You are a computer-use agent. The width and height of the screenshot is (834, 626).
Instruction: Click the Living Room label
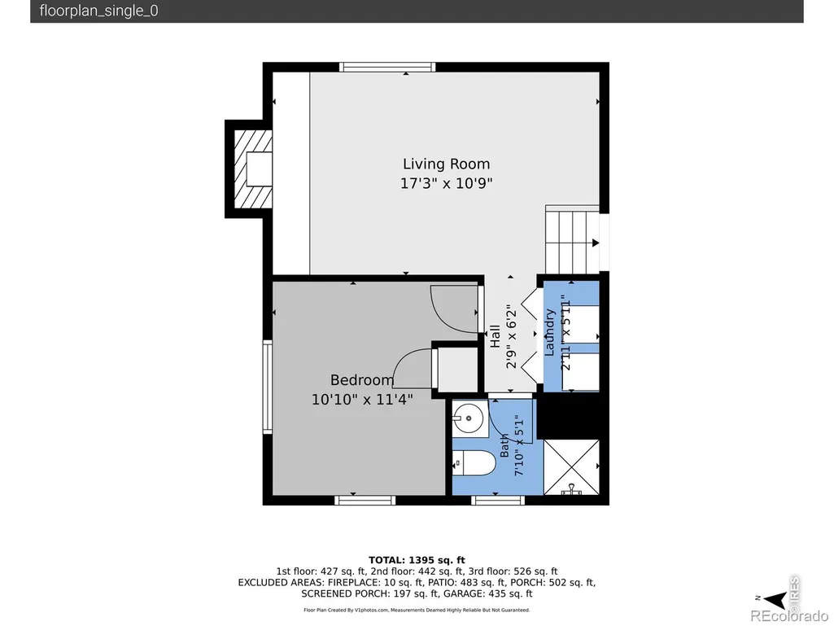click(446, 164)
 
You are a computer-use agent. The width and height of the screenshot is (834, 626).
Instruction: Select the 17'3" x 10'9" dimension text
click(446, 183)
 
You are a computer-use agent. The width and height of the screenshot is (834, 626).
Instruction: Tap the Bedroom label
click(362, 380)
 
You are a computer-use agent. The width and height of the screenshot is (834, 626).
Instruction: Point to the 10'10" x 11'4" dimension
click(362, 399)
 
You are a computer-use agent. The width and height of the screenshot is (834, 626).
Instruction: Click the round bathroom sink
click(469, 418)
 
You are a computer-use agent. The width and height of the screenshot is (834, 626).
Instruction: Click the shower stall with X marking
click(571, 466)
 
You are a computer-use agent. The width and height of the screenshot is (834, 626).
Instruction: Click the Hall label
click(496, 336)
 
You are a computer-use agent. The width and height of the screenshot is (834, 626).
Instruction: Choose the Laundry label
click(549, 333)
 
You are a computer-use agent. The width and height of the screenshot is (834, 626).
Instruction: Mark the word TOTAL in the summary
click(386, 560)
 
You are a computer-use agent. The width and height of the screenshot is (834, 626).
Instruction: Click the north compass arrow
click(775, 599)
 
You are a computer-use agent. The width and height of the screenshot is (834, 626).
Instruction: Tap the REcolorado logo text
click(788, 616)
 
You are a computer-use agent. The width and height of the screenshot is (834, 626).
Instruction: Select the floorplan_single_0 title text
click(99, 11)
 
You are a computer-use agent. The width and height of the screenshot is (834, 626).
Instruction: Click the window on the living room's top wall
click(387, 67)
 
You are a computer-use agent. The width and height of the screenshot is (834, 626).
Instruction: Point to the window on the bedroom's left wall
click(268, 387)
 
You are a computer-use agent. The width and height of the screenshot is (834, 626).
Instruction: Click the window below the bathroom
click(499, 501)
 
